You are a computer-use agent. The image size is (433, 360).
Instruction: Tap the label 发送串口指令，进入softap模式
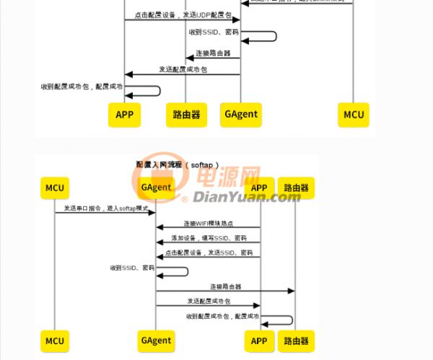point(105,208)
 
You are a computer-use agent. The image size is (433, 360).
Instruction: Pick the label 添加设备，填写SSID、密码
point(209,238)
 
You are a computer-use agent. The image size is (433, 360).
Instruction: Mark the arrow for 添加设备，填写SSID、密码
point(208,243)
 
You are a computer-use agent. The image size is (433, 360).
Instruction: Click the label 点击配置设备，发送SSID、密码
point(209,253)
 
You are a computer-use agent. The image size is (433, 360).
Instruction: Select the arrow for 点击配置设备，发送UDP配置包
point(182,20)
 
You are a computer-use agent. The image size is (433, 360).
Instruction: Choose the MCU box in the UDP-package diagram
point(354,114)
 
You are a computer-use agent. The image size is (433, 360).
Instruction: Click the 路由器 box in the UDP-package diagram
point(187,114)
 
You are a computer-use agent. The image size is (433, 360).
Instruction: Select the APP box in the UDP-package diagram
point(124,114)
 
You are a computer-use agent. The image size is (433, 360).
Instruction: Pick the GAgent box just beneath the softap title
point(156,188)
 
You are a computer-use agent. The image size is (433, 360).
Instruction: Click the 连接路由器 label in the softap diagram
point(225,286)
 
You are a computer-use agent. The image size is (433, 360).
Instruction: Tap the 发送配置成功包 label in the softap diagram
point(208,301)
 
